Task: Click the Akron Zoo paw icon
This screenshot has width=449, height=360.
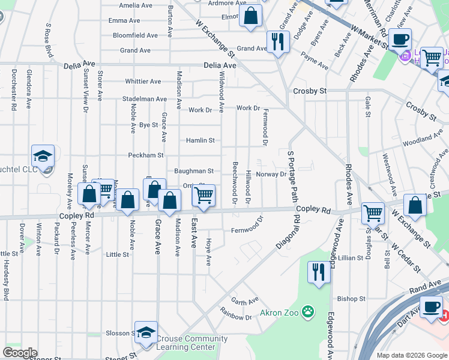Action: click(x=308, y=311)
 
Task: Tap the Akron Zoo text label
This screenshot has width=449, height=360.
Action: click(x=280, y=313)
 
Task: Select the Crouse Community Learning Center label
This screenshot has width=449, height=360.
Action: click(x=191, y=343)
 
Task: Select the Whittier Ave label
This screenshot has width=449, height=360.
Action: click(x=143, y=81)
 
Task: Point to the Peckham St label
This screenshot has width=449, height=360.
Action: click(x=146, y=155)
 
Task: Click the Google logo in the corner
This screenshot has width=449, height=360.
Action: click(x=20, y=353)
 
